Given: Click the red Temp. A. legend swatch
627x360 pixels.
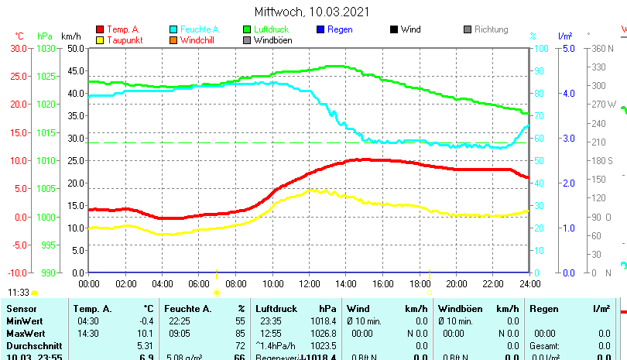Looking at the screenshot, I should tap(100, 29).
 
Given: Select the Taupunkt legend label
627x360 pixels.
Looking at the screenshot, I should tap(123, 40).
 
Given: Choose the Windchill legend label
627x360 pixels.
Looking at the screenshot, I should tap(199, 40).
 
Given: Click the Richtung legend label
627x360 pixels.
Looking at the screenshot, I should tap(491, 29).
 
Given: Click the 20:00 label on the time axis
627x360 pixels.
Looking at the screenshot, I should tap(456, 283).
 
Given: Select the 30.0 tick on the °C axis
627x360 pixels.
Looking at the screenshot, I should tap(19, 48).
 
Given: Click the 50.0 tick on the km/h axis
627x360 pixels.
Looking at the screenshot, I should tap(75, 48).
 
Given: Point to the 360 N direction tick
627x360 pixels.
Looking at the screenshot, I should tap(604, 48).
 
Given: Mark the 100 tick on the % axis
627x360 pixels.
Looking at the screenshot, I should tap(543, 48).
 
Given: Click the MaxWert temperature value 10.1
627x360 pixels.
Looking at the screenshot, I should tap(145, 333).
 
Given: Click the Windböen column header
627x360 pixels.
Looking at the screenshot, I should tap(460, 309).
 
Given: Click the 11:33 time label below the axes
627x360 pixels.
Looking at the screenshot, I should tap(19, 293).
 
